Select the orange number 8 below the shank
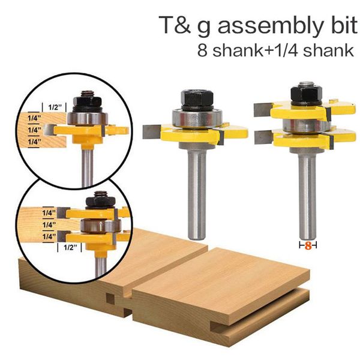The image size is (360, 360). (x=308, y=245)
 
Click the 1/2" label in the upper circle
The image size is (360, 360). (x=55, y=107)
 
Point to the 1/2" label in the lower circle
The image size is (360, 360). (x=70, y=247)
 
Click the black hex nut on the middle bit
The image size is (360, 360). (x=197, y=99)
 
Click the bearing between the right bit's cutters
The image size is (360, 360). (x=305, y=125)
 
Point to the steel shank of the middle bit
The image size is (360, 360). (x=197, y=193)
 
